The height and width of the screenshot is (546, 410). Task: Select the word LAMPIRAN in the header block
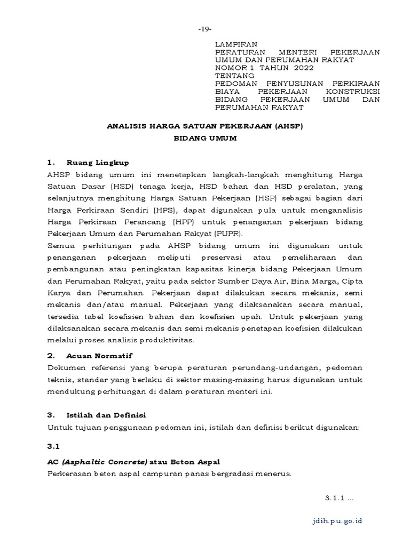[x=236, y=44]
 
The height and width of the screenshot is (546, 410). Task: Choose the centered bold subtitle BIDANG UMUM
[x=205, y=138]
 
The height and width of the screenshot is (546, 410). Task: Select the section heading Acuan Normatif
[x=99, y=355]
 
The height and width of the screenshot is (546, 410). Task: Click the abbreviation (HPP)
[x=161, y=222]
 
